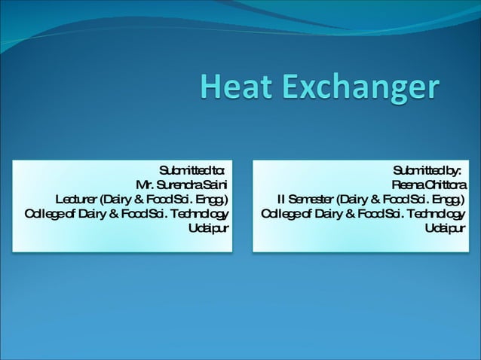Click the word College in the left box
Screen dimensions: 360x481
pos(44,214)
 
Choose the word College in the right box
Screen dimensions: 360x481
pos(280,214)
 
